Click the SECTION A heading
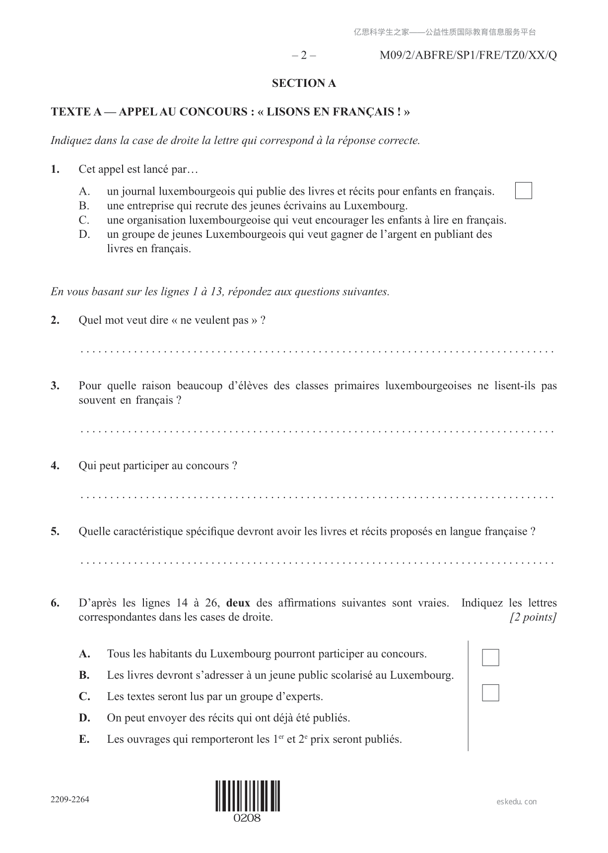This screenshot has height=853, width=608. tap(304, 83)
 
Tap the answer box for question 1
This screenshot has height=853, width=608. tap(523, 191)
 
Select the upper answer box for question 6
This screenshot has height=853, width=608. tap(490, 657)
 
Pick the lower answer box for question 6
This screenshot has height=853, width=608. tap(490, 693)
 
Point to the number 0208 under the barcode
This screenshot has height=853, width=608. tap(247, 818)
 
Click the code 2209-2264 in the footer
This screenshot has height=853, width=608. tap(70, 799)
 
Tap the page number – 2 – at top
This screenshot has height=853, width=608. tap(304, 55)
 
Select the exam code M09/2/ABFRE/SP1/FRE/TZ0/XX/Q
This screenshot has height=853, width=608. tap(468, 55)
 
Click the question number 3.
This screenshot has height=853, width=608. tap(55, 386)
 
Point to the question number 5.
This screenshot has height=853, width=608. tap(55, 532)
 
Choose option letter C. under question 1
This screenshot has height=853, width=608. tap(84, 220)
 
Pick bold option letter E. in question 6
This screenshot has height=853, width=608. tap(84, 739)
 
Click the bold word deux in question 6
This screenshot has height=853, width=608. tap(238, 603)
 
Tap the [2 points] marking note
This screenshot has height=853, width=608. tap(533, 618)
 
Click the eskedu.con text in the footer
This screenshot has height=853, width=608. tap(517, 801)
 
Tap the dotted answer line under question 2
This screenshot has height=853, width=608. tap(317, 352)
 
